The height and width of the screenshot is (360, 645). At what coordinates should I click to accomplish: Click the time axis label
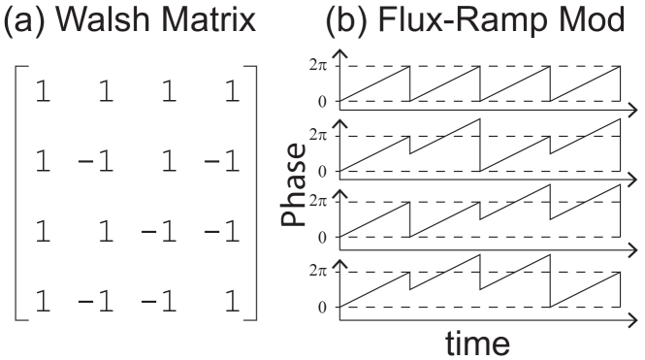pos(478,342)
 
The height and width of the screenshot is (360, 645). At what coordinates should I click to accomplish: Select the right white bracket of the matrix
pos(248,192)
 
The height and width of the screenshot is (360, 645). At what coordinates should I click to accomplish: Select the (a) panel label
pos(30,22)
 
